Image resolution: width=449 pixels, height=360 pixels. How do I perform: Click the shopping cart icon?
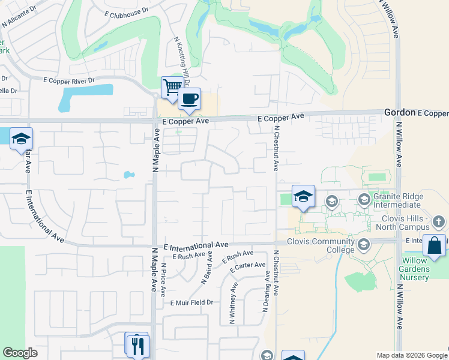pyautogui.click(x=172, y=88)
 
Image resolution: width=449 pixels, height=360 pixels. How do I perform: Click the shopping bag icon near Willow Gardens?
pyautogui.click(x=434, y=246)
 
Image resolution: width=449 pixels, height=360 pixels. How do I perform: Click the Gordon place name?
pyautogui.click(x=399, y=112)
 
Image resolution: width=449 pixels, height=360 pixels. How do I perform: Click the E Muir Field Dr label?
pyautogui.click(x=192, y=303)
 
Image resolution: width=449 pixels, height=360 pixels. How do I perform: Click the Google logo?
pyautogui.click(x=20, y=353)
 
